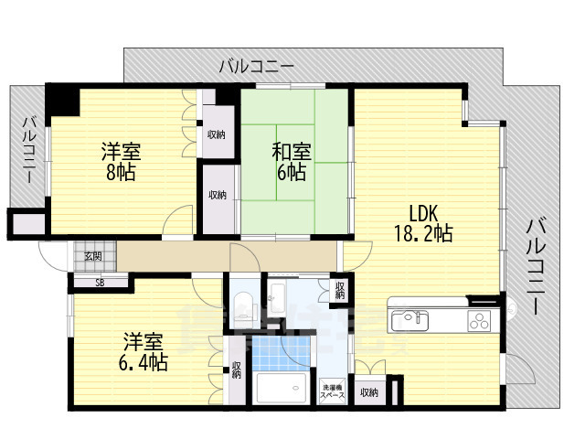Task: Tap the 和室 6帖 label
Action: (292, 162)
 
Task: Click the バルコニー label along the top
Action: (256, 67)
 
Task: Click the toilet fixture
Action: (242, 305)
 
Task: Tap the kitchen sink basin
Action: (409, 320)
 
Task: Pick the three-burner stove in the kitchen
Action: (480, 320)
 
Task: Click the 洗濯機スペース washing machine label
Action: (333, 391)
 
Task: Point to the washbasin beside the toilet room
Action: (277, 297)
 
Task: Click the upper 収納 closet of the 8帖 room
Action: (217, 134)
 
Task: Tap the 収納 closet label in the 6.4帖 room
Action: (237, 369)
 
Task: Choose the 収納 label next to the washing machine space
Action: (368, 392)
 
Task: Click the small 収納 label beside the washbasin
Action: (339, 291)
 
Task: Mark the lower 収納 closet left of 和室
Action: (217, 195)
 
